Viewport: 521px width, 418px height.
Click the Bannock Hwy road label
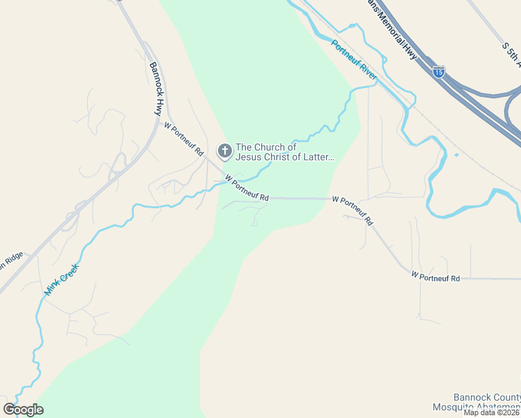coord(155,88)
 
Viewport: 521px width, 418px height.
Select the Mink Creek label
coord(61,281)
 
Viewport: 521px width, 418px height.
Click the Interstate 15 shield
coord(438,71)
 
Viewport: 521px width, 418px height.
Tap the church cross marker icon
coord(225,150)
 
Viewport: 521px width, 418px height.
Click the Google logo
coord(24,410)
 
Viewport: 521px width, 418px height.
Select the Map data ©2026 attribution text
coord(492,412)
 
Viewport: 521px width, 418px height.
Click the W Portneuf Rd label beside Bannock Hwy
coord(183,138)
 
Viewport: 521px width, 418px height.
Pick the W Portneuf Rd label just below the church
coord(247,190)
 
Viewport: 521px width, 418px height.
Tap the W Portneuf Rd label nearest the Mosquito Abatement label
coord(435,277)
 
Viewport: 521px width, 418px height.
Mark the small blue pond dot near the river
coord(456,155)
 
